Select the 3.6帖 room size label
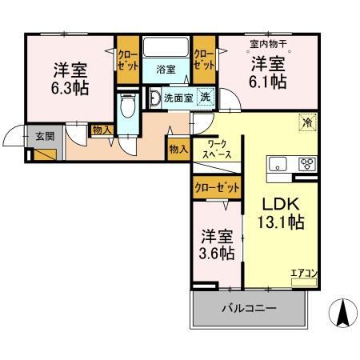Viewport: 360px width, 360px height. coord(217,254)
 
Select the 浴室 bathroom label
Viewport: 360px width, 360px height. coord(166,69)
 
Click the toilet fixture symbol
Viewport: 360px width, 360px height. coord(126,109)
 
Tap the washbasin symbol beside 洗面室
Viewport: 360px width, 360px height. coord(154,100)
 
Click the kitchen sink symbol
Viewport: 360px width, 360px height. coord(278,164)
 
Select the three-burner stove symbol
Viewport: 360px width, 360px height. coord(306,164)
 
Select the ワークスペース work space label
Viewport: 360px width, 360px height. coord(217,149)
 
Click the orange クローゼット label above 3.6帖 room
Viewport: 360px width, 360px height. coord(217,188)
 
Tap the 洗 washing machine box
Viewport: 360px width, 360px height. coord(206,98)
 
